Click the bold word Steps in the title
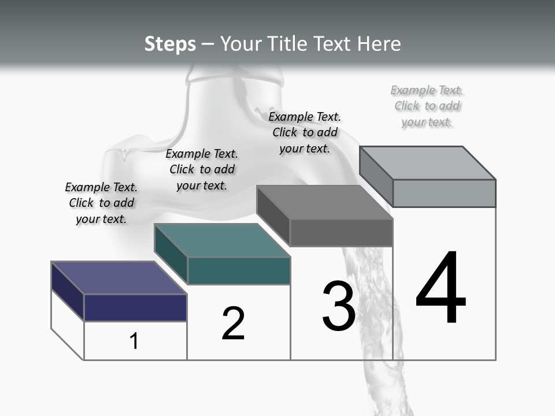170,44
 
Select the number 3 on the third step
339,306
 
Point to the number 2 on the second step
233,324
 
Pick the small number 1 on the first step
134,341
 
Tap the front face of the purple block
135,307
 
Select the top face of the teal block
222,240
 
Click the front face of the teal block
239,270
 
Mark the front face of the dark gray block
341,232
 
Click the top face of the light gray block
428,162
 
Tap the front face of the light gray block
444,193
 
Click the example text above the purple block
101,203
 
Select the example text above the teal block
202,169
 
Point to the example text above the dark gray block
305,132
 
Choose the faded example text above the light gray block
427,106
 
